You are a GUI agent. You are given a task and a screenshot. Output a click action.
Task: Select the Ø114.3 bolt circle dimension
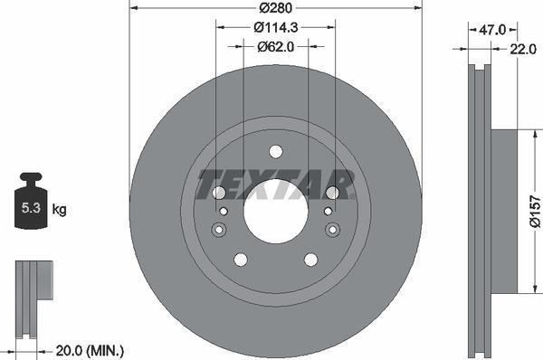[276, 28]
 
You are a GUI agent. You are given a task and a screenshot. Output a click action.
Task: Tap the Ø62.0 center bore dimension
[276, 46]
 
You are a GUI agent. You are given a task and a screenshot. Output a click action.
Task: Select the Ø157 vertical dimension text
[534, 211]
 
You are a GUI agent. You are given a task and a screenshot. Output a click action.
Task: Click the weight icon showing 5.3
[31, 204]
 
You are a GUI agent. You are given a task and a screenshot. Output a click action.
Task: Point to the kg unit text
[60, 210]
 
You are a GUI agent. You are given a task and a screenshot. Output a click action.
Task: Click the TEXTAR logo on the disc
[275, 184]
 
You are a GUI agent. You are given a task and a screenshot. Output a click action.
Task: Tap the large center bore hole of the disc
[276, 211]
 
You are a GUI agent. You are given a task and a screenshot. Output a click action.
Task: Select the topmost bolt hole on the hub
[276, 151]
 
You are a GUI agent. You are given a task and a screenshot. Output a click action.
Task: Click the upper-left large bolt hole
[219, 193]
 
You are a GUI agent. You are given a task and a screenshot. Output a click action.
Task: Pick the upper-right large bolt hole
[333, 193]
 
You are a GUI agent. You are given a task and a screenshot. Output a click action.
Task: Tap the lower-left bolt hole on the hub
[241, 260]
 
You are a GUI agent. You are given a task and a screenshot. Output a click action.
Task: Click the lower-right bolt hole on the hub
[311, 260]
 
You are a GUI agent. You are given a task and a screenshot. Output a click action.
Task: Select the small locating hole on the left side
[221, 228]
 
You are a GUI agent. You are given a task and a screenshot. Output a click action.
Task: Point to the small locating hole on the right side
[331, 228]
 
